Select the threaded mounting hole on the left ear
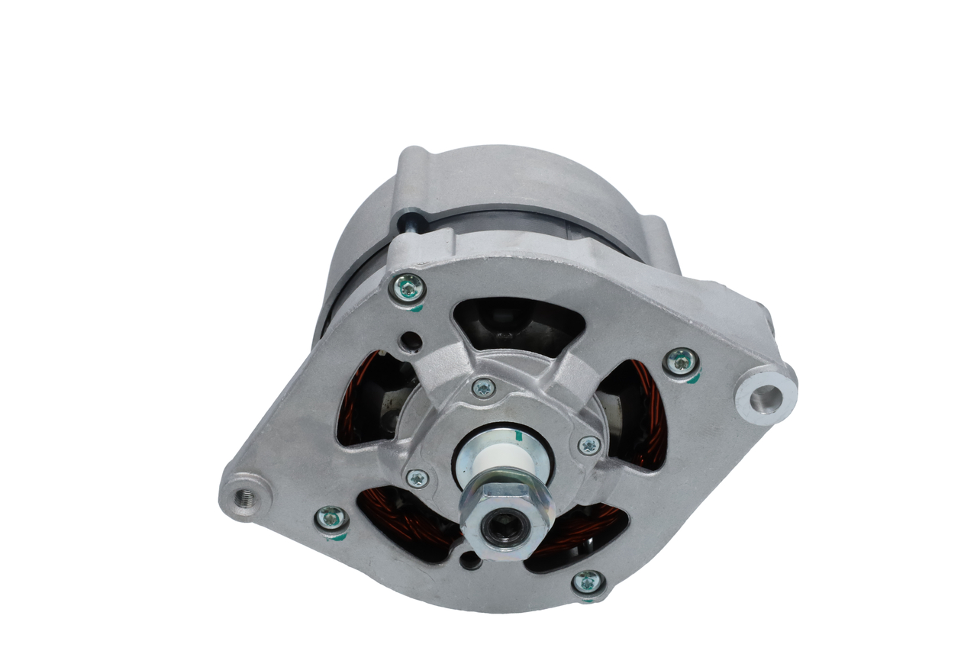click(x=245, y=499)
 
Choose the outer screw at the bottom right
click(x=587, y=582)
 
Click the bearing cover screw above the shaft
click(x=482, y=388)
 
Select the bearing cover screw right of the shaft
click(x=588, y=445)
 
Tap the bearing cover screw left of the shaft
click(x=417, y=479)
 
